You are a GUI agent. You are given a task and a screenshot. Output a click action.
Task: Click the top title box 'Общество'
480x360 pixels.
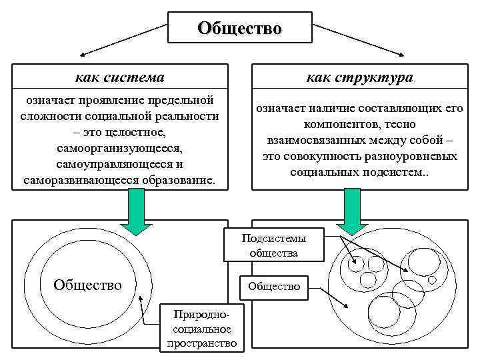click(239, 29)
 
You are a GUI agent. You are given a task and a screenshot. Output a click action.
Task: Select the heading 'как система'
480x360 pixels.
click(120, 77)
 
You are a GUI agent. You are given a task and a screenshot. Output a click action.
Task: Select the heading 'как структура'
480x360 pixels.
click(359, 77)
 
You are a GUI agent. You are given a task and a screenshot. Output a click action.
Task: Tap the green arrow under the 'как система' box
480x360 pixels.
click(137, 211)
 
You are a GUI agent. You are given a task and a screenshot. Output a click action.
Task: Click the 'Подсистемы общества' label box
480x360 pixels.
click(273, 246)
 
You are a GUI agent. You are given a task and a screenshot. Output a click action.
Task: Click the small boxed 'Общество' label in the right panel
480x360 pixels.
click(273, 286)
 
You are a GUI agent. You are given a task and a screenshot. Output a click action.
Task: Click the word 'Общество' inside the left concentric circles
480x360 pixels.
click(88, 285)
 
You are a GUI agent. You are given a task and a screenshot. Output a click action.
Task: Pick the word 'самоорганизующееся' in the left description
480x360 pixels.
click(120, 147)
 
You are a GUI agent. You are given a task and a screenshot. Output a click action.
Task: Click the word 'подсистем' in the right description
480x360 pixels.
click(395, 172)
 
